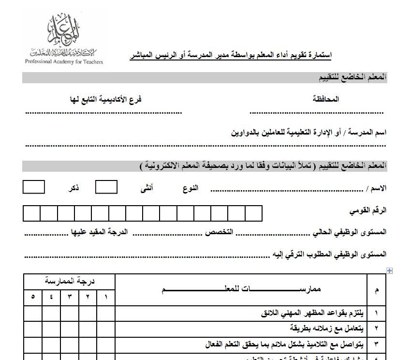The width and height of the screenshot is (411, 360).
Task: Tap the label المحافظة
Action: point(326,99)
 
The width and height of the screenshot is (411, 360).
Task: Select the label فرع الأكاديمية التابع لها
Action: point(105,99)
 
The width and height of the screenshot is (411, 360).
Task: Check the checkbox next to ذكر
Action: point(34,187)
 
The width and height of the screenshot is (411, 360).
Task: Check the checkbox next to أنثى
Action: point(106,187)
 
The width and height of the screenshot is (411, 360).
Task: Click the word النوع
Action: point(191,188)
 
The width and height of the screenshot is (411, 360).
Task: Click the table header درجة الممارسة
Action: point(70,281)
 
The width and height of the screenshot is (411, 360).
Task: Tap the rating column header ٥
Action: point(33,297)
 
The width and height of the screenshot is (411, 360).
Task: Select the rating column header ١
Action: point(106,297)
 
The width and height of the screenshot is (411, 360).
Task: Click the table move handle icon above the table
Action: point(389,270)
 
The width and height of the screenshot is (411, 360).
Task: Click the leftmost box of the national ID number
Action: point(31,213)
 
